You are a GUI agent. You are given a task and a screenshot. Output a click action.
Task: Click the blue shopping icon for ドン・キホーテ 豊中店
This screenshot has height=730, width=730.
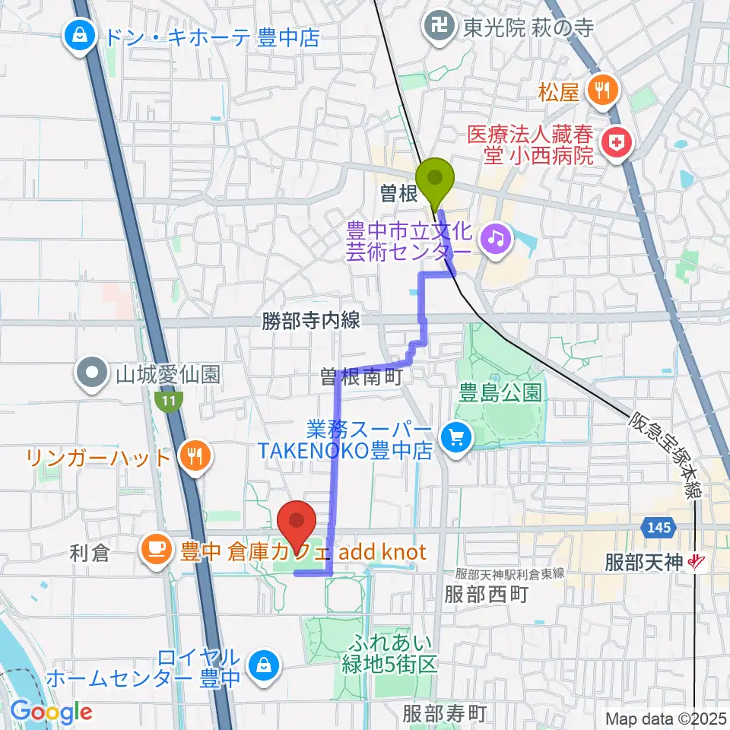pyautogui.click(x=79, y=36)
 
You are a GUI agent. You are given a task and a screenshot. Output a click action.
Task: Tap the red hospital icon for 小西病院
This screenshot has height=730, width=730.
pyautogui.click(x=617, y=144)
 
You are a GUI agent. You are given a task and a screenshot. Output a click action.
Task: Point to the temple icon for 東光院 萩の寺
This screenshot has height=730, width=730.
pyautogui.click(x=441, y=28)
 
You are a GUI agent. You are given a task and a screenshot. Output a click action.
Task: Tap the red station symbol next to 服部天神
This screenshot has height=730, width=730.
pyautogui.click(x=696, y=563)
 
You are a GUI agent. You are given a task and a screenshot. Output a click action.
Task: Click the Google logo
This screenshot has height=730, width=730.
pyautogui.click(x=52, y=712)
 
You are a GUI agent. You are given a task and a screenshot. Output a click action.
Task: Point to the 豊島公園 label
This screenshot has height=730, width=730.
pyautogui.click(x=500, y=393)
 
